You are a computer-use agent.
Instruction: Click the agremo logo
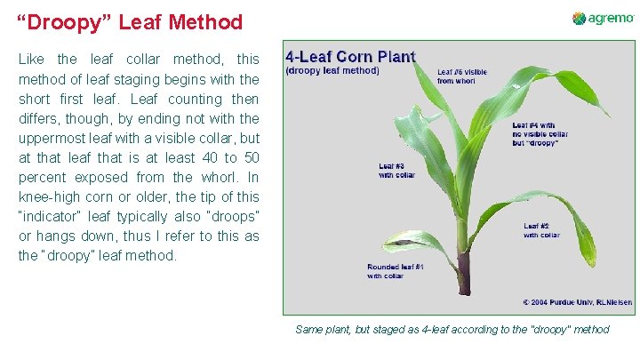603,19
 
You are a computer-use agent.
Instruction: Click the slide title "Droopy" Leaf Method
130,22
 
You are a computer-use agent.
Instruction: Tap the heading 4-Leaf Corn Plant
350,56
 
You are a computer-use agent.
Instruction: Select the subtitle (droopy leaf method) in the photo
332,70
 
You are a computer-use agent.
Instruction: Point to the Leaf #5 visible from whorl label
462,76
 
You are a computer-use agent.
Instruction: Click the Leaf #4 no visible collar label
540,134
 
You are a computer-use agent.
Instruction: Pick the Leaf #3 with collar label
397,170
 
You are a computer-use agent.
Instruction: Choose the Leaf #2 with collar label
542,230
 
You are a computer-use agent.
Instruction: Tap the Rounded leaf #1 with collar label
396,271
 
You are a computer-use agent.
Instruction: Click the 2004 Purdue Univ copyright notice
577,302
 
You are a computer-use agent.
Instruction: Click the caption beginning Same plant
452,330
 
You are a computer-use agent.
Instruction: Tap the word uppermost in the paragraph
55,138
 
